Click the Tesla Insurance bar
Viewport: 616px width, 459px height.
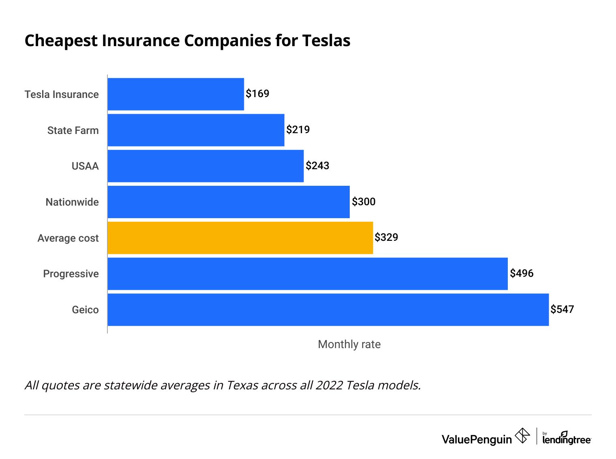pos(175,94)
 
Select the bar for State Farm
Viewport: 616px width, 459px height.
pos(196,130)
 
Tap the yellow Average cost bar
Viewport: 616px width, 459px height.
pos(240,238)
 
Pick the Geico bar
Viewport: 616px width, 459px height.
pos(328,310)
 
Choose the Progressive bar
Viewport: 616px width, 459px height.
pos(307,274)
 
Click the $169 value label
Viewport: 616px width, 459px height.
pos(257,93)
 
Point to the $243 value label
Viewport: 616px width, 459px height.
pos(317,166)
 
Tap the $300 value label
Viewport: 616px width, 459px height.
pos(364,202)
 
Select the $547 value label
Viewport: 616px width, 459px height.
pos(562,309)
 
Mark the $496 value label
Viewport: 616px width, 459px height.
pos(522,273)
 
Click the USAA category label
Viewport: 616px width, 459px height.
pos(85,166)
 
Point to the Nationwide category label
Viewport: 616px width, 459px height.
pos(72,202)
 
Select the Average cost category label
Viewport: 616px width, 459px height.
pos(68,238)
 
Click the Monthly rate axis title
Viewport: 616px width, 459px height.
pos(349,344)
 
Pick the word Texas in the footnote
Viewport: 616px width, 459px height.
pos(242,385)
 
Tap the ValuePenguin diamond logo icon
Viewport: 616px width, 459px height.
pos(522,436)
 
